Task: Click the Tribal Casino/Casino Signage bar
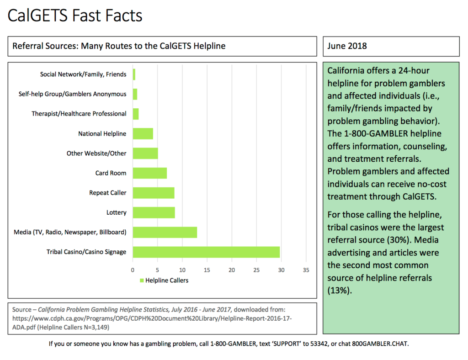(206, 252)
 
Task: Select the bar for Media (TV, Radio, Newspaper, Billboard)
(165, 233)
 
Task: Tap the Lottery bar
(154, 212)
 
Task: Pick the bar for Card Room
(150, 173)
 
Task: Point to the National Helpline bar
(143, 133)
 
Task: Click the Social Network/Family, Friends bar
(134, 74)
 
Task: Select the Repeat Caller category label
(108, 193)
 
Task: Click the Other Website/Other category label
(96, 154)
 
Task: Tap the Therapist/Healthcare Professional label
(79, 114)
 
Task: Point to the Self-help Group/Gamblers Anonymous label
(73, 94)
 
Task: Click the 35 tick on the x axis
(306, 270)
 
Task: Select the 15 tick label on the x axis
(207, 270)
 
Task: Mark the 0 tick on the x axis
(133, 270)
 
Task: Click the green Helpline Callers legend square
(142, 281)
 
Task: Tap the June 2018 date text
(347, 46)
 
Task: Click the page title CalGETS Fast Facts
(75, 16)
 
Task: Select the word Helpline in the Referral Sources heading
(209, 46)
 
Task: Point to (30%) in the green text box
(398, 240)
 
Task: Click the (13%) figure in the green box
(340, 291)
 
